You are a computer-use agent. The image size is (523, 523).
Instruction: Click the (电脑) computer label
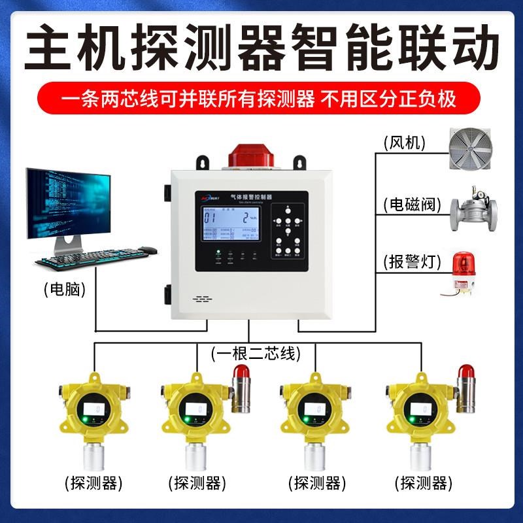click(65, 288)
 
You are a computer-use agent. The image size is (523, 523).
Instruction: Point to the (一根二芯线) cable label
click(256, 354)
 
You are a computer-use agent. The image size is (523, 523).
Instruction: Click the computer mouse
click(148, 250)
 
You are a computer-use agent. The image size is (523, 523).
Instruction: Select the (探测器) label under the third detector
click(316, 484)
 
